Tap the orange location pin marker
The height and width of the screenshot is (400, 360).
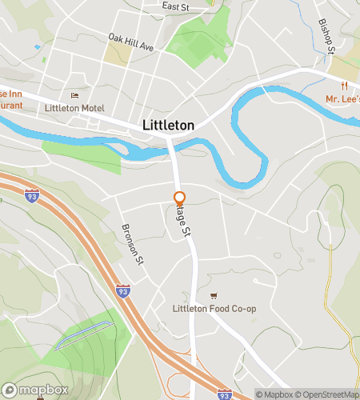[180, 198]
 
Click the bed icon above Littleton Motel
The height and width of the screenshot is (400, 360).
[75, 96]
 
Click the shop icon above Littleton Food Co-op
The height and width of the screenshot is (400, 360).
[213, 296]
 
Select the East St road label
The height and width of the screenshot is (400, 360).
[174, 6]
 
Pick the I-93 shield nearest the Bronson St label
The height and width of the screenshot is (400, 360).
[122, 292]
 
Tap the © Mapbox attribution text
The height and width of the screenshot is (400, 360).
[274, 394]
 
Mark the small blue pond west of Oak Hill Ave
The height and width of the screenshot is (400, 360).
[38, 47]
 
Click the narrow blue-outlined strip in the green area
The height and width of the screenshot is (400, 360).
[82, 335]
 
